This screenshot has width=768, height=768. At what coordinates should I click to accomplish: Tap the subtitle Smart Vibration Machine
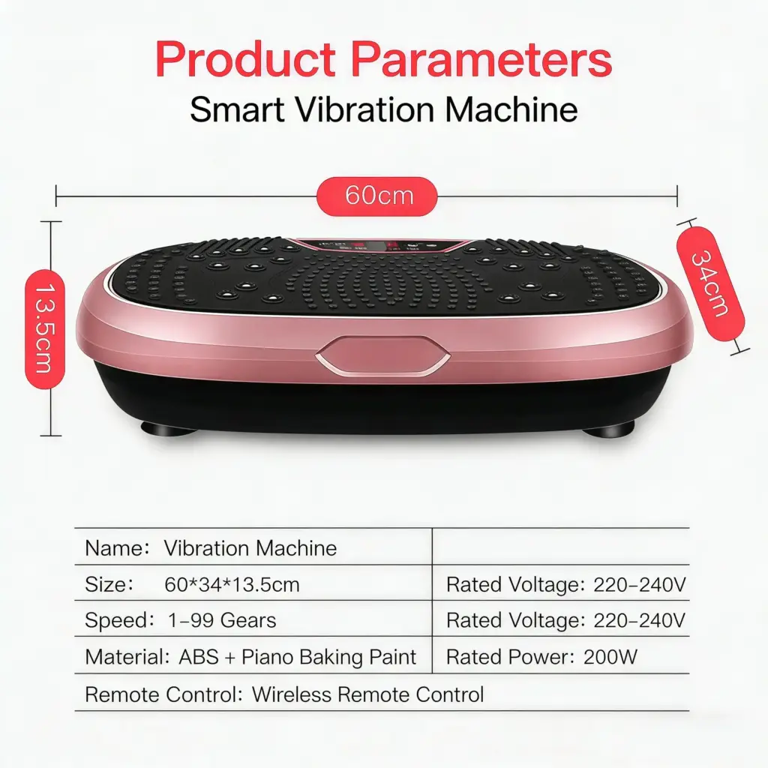[x=383, y=109]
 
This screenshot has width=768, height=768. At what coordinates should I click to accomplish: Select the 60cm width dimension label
[x=376, y=196]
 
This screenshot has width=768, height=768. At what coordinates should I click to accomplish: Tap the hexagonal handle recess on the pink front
[x=382, y=355]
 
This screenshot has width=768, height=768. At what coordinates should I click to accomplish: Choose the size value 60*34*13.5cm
[x=232, y=584]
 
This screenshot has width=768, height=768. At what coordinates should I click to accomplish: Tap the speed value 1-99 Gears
[x=222, y=620]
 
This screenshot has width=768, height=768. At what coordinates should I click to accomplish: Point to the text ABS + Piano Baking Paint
[x=297, y=657]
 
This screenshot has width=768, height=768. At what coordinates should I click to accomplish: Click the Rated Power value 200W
[x=610, y=657]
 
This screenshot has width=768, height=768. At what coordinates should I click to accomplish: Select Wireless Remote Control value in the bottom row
[x=367, y=694]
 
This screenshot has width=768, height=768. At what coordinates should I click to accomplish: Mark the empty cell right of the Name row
[x=561, y=547]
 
